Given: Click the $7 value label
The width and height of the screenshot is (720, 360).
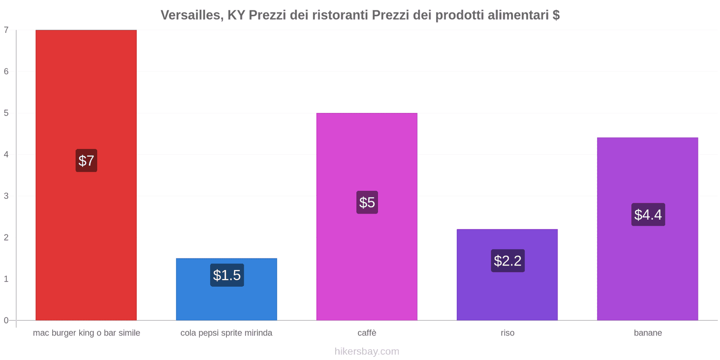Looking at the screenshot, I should [x=86, y=161].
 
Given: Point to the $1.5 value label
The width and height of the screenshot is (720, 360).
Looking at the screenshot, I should [x=227, y=275].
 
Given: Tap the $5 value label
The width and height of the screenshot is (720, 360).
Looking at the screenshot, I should [x=367, y=202].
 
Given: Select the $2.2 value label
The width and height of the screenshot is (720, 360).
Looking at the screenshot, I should [x=508, y=261].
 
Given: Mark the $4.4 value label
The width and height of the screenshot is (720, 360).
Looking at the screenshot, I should [x=648, y=215].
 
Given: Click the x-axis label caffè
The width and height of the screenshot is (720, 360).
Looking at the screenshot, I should [x=367, y=333].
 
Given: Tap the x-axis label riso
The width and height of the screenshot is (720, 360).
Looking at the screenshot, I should [x=507, y=333].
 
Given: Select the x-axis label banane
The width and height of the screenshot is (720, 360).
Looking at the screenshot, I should [x=648, y=333].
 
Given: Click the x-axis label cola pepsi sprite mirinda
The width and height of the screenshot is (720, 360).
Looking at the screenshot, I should [x=226, y=333].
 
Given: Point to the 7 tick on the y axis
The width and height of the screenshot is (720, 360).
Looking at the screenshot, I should [x=6, y=30].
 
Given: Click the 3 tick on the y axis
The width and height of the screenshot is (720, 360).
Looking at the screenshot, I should [x=6, y=196].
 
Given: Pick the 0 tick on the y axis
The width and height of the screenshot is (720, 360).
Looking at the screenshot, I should [x=6, y=320].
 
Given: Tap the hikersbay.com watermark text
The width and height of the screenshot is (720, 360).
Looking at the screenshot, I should [x=367, y=351].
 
